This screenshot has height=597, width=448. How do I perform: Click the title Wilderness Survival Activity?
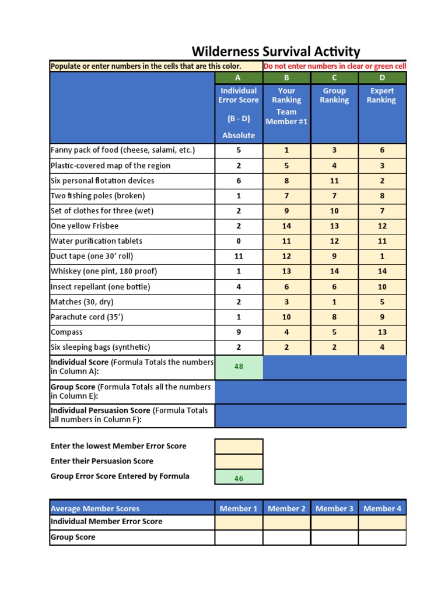(x=276, y=51)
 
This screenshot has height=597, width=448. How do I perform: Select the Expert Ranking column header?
(x=382, y=96)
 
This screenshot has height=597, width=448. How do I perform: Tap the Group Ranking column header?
(x=334, y=96)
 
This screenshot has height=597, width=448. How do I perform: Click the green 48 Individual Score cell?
(x=239, y=367)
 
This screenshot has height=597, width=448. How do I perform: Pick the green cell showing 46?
(x=239, y=478)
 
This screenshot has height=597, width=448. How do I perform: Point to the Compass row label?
(x=66, y=332)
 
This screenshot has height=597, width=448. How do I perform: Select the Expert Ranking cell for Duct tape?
(x=382, y=256)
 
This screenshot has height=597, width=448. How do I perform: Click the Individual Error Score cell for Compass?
(x=239, y=332)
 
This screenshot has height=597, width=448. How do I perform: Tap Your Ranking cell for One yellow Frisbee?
(x=286, y=226)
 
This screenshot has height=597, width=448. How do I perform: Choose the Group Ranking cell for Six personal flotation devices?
(x=334, y=181)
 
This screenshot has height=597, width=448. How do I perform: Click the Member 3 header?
(x=334, y=508)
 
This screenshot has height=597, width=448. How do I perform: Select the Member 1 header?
(x=239, y=508)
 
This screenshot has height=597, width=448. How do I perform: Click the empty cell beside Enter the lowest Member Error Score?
(x=239, y=446)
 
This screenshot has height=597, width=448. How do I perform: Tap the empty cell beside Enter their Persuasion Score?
(x=239, y=461)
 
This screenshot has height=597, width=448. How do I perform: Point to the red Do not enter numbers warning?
(x=335, y=66)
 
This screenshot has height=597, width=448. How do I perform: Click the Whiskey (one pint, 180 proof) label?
(x=104, y=271)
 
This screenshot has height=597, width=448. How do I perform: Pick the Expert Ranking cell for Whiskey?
(x=382, y=271)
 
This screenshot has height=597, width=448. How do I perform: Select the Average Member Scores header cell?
(x=95, y=508)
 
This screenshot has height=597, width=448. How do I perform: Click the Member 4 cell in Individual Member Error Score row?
(x=382, y=522)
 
